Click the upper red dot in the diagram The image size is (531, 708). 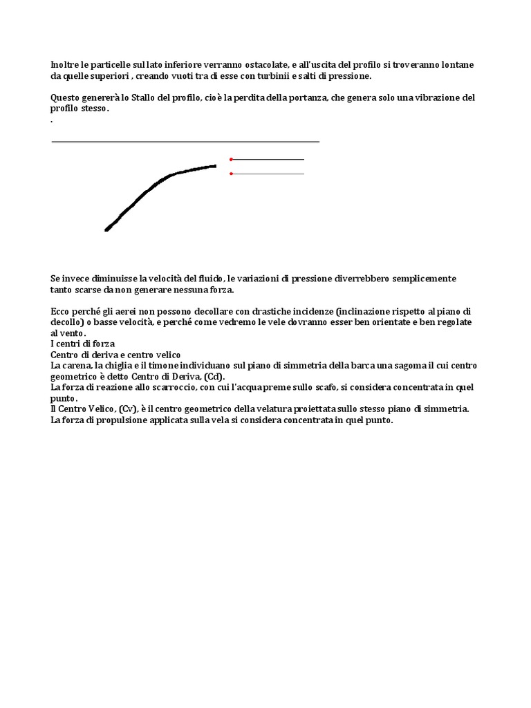[231, 160]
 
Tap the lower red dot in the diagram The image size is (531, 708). [231, 174]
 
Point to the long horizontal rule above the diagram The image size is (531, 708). [185, 142]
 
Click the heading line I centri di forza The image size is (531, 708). [83, 344]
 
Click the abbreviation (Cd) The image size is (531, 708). [214, 376]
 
